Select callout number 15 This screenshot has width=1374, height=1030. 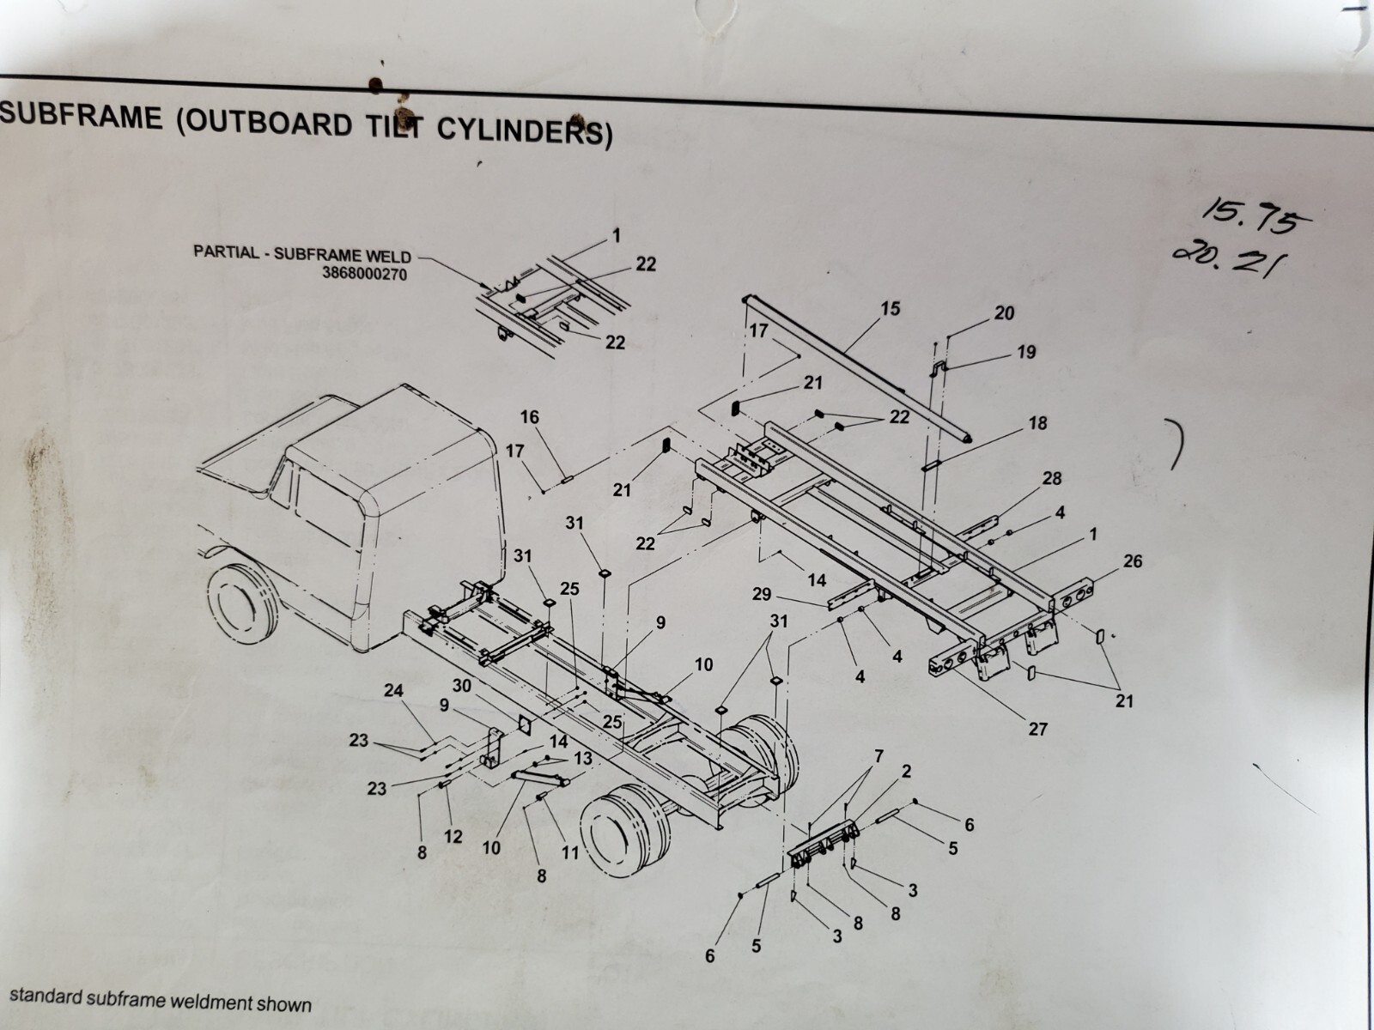point(890,308)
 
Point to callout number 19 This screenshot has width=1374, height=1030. point(1025,352)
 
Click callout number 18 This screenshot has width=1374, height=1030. point(1037,423)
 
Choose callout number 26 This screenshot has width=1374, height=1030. point(1132,561)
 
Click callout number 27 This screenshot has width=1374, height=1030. point(1037,729)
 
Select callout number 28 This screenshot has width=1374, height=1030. point(1052,478)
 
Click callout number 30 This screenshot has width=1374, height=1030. point(462,686)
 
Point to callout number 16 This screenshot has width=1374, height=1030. point(529,417)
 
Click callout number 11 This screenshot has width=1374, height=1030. point(569,852)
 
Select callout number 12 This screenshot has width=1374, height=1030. point(453,836)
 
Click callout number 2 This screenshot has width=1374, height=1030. point(906,771)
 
